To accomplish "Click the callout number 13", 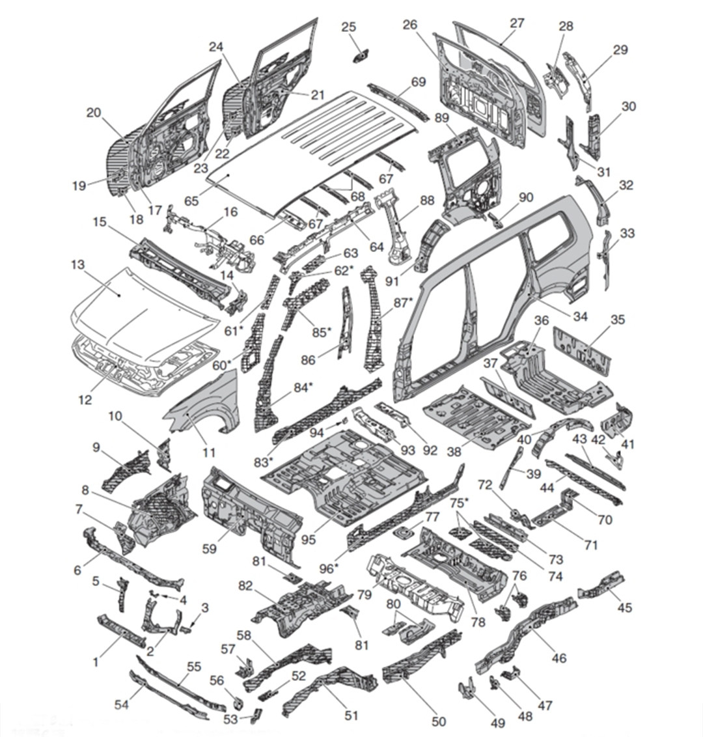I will [x=77, y=265].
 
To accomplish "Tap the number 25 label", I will [x=349, y=27].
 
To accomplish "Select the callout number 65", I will [x=191, y=201].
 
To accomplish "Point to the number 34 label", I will [x=581, y=316].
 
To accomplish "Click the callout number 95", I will [x=309, y=539].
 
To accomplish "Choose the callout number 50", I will [x=439, y=721].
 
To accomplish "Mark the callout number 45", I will [x=624, y=607].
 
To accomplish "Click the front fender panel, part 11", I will [x=202, y=407].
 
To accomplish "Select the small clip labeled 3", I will [x=187, y=628].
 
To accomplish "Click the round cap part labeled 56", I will [x=237, y=703].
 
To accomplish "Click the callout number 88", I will [x=427, y=201].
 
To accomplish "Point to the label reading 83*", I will [x=262, y=462].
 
